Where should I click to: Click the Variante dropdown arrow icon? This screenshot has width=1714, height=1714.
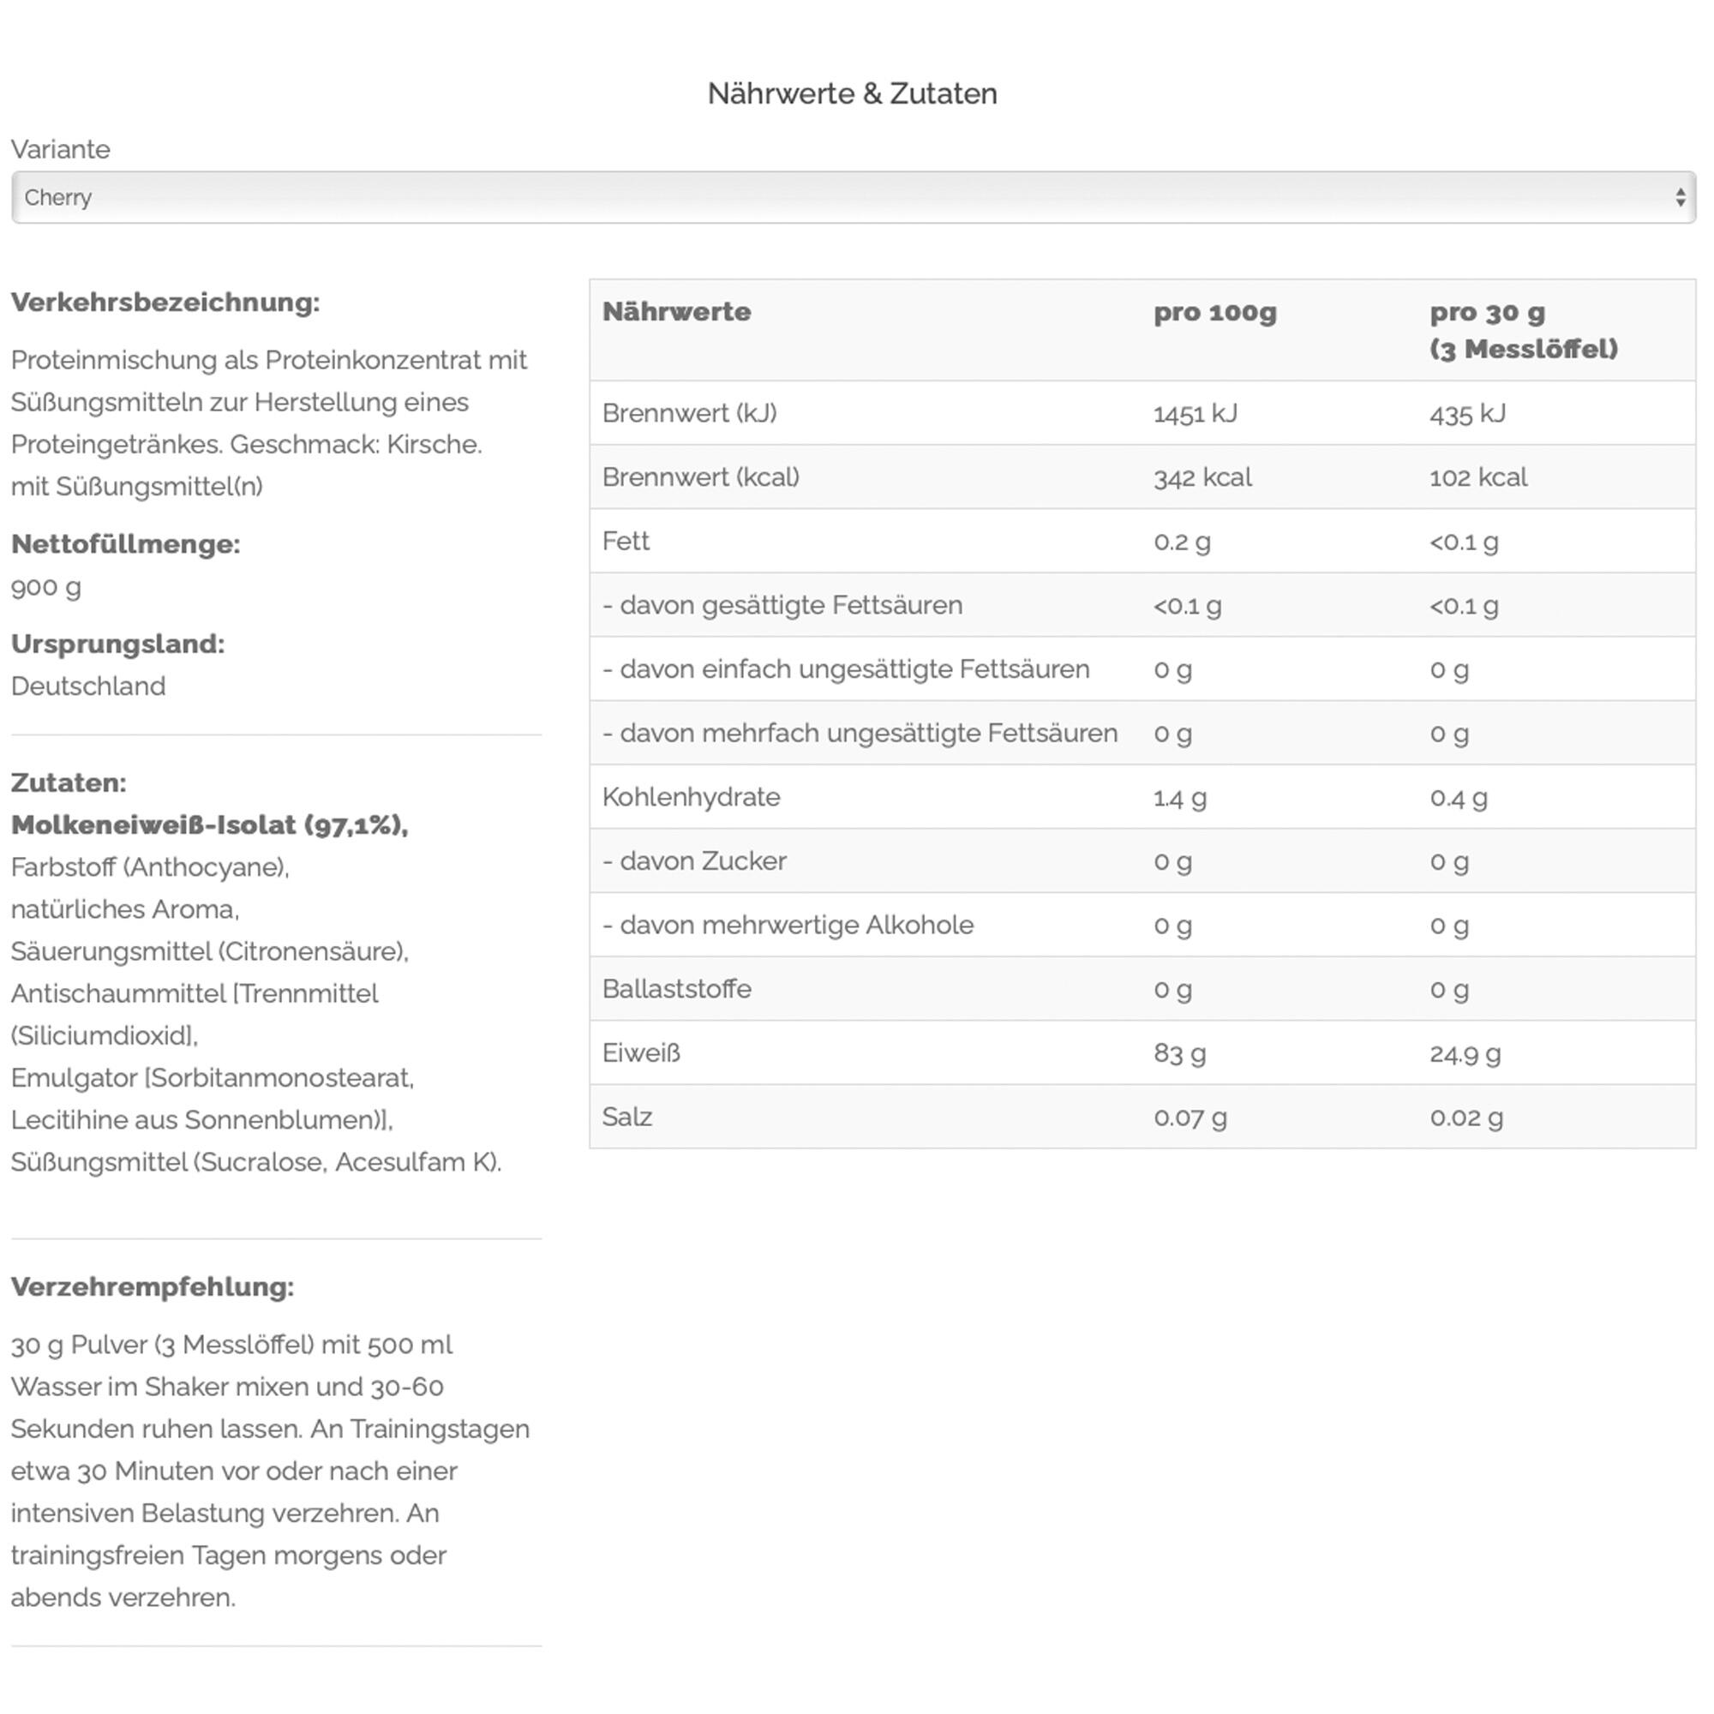click(x=1680, y=197)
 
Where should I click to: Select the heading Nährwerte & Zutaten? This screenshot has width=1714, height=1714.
click(x=852, y=93)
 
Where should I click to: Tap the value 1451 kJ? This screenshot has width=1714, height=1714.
click(x=1195, y=413)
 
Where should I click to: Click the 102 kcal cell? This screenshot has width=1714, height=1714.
click(x=1478, y=477)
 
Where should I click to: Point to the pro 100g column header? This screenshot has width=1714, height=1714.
click(x=1214, y=312)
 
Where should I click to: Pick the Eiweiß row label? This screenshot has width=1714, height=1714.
click(x=640, y=1053)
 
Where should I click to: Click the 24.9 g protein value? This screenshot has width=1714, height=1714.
click(x=1465, y=1054)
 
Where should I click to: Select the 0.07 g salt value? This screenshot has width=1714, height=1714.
click(x=1190, y=1117)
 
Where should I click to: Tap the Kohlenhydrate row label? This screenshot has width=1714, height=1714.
click(x=691, y=797)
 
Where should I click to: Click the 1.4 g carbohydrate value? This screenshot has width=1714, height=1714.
click(x=1180, y=798)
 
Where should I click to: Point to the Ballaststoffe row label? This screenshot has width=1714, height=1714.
click(x=676, y=989)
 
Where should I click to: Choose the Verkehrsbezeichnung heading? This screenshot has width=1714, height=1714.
click(x=165, y=303)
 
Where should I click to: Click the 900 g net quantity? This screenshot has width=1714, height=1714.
click(x=46, y=587)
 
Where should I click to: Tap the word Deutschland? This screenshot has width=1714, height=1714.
click(x=87, y=686)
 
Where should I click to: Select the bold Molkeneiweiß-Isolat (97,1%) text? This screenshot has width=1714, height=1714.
click(x=209, y=825)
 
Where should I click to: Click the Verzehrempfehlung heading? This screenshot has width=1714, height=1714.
click(x=153, y=1286)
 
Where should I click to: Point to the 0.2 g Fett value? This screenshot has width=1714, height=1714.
click(x=1182, y=541)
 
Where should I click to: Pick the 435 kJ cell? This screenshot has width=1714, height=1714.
click(x=1467, y=413)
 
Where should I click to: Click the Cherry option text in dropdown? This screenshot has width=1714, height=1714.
click(x=57, y=197)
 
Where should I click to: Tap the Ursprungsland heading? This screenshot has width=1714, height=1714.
click(x=118, y=644)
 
